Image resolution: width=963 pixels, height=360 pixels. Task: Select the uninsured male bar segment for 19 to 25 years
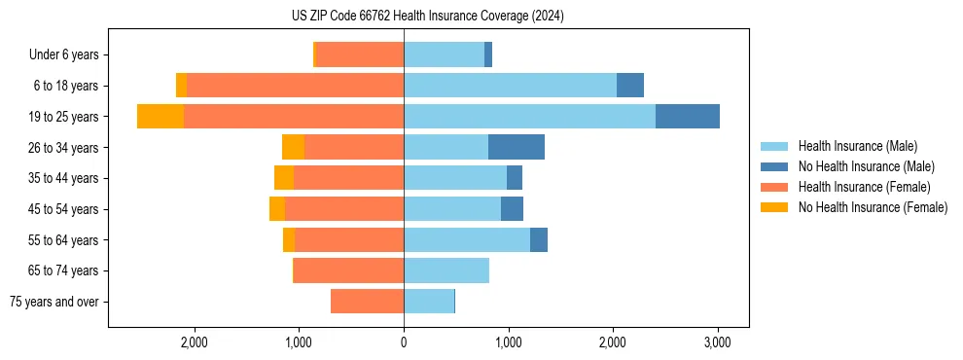point(687,117)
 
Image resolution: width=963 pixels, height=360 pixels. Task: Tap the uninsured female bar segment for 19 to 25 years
point(160,117)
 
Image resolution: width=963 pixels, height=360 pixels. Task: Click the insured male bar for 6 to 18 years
point(510,86)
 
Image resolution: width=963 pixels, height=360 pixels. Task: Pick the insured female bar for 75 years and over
point(367,302)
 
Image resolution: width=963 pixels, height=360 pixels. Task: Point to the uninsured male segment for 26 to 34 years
point(516,147)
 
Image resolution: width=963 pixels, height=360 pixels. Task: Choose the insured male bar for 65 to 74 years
point(446,270)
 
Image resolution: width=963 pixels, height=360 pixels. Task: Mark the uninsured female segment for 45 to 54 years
point(277,209)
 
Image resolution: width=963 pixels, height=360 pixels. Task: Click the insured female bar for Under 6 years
point(360,55)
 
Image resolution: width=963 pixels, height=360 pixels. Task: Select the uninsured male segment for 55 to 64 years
point(538,239)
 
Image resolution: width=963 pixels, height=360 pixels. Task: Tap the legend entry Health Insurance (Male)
point(857,146)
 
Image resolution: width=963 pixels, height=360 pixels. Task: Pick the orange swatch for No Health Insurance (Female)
point(775,207)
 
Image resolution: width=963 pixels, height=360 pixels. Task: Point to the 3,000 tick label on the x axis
point(717,342)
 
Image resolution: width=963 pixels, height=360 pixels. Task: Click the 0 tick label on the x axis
point(404,342)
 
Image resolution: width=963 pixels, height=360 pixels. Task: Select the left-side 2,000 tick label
point(194,342)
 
